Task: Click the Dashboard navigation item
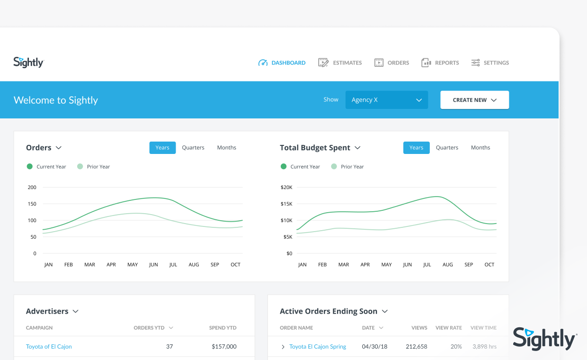tap(282, 63)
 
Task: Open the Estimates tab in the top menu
tap(340, 63)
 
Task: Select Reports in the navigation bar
tap(440, 63)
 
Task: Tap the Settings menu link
tap(490, 63)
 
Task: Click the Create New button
tap(475, 100)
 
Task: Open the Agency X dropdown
tap(387, 100)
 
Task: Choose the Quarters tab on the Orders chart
tap(193, 148)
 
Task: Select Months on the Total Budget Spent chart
tap(480, 148)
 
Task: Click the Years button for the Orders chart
tap(162, 148)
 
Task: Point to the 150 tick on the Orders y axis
tap(32, 204)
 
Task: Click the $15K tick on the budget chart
tap(286, 204)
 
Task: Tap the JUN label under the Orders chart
tap(153, 265)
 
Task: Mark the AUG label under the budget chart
tap(448, 265)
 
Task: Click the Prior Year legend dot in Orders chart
tap(80, 166)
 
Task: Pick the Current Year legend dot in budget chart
tap(284, 166)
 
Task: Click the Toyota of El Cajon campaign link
tap(49, 346)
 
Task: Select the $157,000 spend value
tap(224, 346)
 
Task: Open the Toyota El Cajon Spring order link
tap(318, 346)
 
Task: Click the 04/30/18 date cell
tap(374, 346)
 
